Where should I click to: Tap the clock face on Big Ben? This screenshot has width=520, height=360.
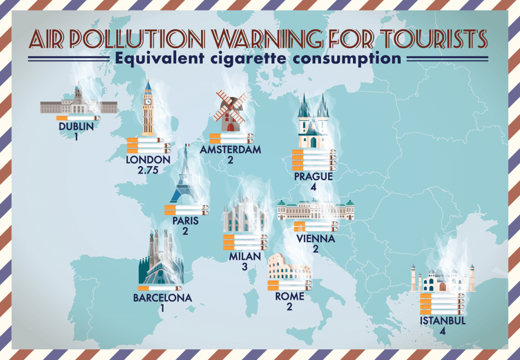click(x=148, y=101)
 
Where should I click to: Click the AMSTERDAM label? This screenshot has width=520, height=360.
click(x=231, y=150)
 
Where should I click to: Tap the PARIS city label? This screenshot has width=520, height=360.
click(x=185, y=221)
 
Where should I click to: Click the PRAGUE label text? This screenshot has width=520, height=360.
click(x=313, y=177)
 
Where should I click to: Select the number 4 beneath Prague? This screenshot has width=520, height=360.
click(x=313, y=187)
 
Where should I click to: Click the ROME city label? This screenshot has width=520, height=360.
click(x=289, y=296)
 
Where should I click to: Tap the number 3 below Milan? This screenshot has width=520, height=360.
click(x=245, y=266)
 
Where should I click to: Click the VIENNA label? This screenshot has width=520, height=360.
click(x=316, y=239)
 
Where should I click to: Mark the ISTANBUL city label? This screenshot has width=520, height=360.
click(x=443, y=321)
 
